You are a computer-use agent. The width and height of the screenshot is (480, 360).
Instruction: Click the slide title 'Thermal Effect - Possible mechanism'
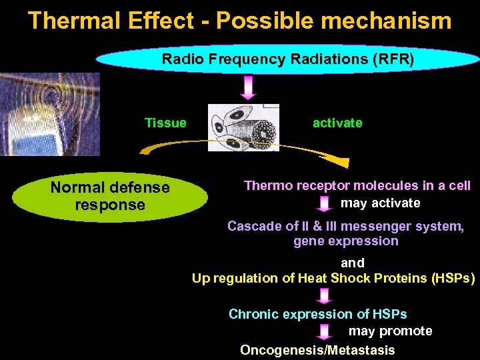tap(240, 21)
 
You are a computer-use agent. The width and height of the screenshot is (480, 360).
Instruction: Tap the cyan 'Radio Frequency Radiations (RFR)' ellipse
tap(287, 59)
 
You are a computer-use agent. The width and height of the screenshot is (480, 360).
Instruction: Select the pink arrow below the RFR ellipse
tap(249, 87)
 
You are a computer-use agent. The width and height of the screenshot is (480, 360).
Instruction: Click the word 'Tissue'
tap(165, 123)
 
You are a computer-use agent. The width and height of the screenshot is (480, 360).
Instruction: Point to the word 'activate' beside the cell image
tap(337, 123)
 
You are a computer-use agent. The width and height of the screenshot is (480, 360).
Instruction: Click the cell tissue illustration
tap(243, 127)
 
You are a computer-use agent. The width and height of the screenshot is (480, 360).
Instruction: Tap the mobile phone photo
tap(49, 115)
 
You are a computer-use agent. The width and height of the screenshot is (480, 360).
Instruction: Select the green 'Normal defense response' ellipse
tap(110, 197)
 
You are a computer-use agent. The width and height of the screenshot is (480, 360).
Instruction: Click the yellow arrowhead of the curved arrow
tap(341, 163)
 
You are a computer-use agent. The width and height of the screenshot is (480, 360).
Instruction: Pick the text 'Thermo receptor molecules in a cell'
tap(357, 185)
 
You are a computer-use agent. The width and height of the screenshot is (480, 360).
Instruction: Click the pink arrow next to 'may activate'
tap(325, 203)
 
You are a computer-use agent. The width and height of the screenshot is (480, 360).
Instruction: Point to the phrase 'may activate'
tap(380, 203)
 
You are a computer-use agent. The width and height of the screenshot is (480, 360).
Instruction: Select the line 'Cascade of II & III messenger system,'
tap(345, 226)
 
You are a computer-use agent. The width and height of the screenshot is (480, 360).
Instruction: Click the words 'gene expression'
tap(345, 241)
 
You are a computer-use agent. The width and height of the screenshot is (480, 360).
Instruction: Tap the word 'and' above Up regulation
tap(353, 263)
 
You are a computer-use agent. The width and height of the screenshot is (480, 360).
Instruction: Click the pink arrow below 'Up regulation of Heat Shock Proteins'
tap(325, 296)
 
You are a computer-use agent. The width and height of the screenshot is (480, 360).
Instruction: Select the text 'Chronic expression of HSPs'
tap(317, 314)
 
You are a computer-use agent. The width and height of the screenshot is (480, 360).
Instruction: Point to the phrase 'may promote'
tap(390, 331)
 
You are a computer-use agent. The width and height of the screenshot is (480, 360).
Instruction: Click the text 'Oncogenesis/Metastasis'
tap(317, 350)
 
